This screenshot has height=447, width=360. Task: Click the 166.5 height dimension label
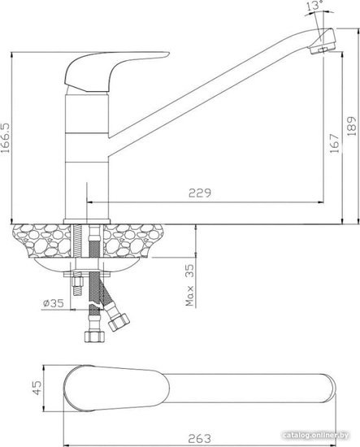coord(6,137)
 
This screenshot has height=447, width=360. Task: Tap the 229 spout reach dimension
coord(200,193)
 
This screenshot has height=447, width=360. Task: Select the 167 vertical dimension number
coord(335,143)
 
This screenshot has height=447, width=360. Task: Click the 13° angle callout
coord(314,6)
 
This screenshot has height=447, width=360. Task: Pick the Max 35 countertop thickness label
coord(189,284)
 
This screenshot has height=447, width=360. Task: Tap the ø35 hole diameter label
coord(54,303)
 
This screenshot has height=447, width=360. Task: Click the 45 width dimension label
coord(37,388)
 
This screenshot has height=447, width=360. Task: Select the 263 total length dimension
coord(200,439)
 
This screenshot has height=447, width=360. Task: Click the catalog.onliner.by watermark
coord(316,435)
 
